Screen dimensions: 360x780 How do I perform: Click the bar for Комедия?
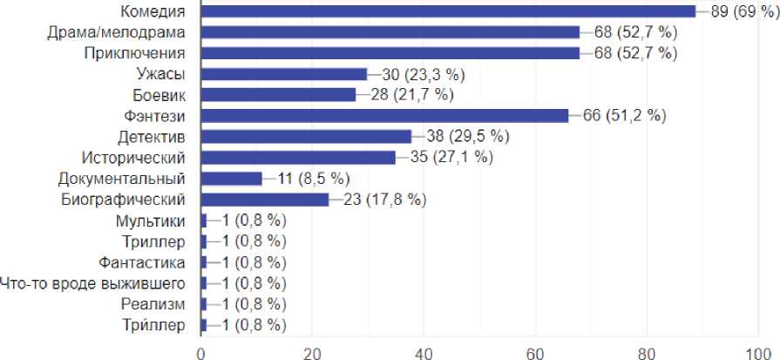(448, 11)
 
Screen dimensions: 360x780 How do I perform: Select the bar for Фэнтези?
(384, 116)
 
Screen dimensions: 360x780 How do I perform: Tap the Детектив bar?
(306, 137)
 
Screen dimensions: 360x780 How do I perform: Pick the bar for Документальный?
(231, 179)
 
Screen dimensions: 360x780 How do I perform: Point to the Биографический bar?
(265, 200)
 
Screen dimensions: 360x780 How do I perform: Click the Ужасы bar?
(284, 74)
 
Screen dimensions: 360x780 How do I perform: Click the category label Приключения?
(134, 53)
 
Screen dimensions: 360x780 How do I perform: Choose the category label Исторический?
(132, 158)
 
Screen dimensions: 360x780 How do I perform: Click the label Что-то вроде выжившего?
(93, 283)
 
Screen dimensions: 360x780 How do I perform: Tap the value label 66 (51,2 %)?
(624, 116)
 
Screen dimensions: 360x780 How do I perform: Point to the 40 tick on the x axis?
(424, 353)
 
